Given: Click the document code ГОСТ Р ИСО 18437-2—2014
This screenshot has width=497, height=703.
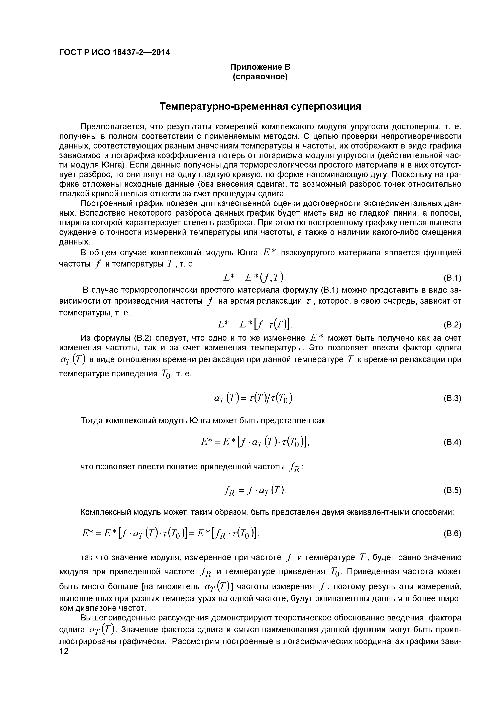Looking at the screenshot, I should [114, 52].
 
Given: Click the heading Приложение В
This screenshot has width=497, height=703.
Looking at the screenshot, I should [260, 67].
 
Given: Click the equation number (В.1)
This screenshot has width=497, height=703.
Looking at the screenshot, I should [452, 278].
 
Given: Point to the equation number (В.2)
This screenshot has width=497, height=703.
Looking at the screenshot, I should [452, 325].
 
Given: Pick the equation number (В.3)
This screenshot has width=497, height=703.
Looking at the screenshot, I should [452, 399].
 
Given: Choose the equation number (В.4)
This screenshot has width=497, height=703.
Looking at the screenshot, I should [452, 443].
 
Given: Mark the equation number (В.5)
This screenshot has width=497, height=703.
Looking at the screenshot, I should [452, 491].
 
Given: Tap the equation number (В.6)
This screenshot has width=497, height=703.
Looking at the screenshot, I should [452, 534].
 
